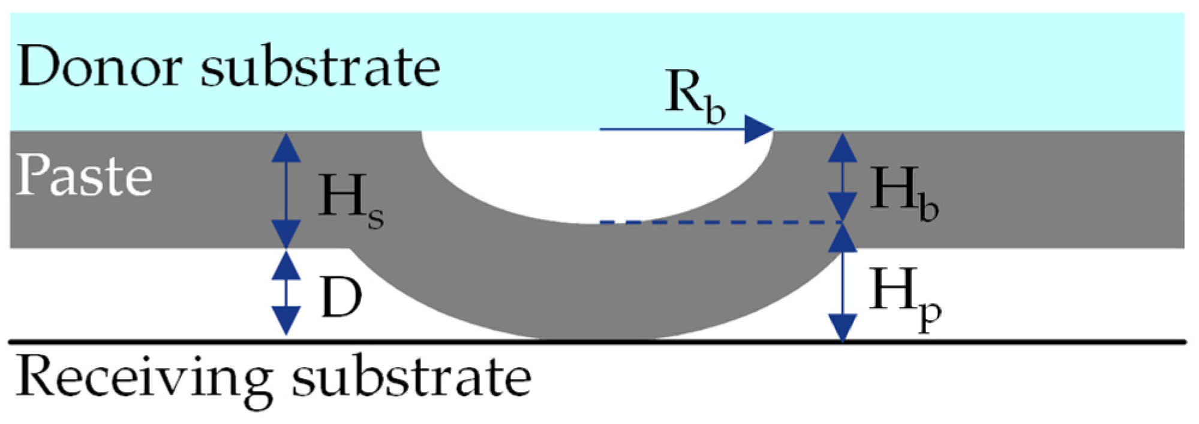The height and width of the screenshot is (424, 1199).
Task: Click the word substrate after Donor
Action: (x=321, y=67)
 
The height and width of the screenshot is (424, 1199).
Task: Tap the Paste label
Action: (x=84, y=176)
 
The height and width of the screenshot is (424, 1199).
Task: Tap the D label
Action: (x=341, y=297)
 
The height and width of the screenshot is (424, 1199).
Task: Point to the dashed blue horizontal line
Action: (x=720, y=223)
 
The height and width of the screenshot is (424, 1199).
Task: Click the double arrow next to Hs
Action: (x=286, y=190)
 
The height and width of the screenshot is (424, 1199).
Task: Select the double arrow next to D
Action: (x=286, y=293)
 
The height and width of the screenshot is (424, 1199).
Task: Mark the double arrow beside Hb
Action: (x=843, y=177)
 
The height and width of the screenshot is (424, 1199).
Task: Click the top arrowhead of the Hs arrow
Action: (x=286, y=147)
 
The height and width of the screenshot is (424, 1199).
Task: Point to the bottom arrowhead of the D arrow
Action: (x=286, y=320)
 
